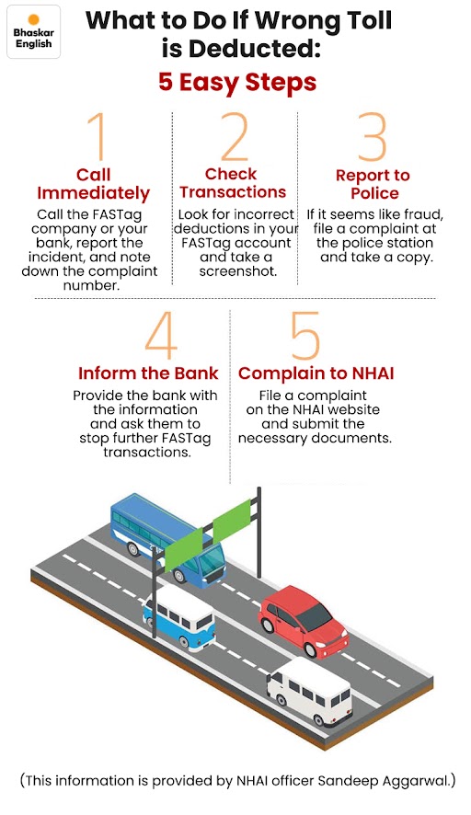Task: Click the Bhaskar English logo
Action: point(34,31)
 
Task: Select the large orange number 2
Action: point(235,136)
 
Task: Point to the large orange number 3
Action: point(373,137)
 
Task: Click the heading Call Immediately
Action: point(94,184)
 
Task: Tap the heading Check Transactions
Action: point(233,183)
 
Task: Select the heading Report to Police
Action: point(373,184)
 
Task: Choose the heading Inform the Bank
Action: point(148,373)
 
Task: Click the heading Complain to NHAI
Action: point(316,373)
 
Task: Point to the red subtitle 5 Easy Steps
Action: point(237,82)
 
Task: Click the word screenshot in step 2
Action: point(238,271)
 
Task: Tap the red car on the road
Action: point(303,621)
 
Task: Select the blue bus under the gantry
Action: point(168,537)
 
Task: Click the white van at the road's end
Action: point(309,692)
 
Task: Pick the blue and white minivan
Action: point(179,617)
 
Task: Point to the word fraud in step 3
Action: point(423,214)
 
